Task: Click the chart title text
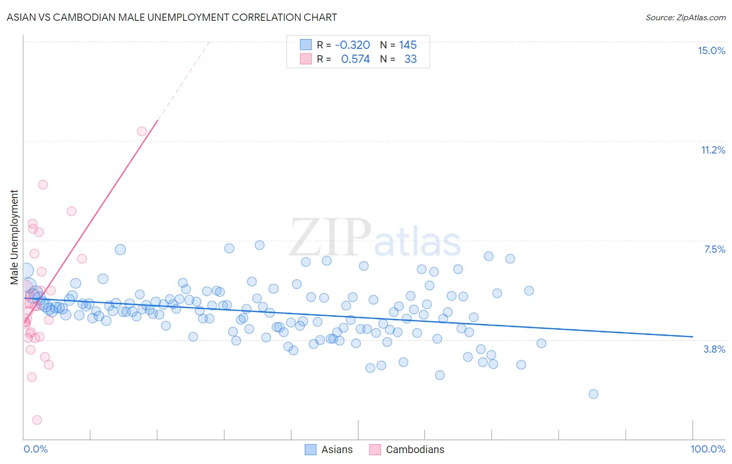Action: pyautogui.click(x=172, y=17)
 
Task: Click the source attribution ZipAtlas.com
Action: pyautogui.click(x=685, y=17)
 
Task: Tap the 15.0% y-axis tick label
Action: pyautogui.click(x=711, y=50)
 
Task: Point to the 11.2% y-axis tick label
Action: pyautogui.click(x=713, y=150)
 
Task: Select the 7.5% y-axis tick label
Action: pyautogui.click(x=714, y=249)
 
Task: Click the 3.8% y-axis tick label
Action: pyautogui.click(x=714, y=349)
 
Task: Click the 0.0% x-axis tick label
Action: pyautogui.click(x=35, y=449)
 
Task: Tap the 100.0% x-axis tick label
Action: pyautogui.click(x=708, y=449)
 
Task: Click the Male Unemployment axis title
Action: pyautogui.click(x=15, y=237)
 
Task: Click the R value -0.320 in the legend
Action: pyautogui.click(x=352, y=45)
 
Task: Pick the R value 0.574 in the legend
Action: pyautogui.click(x=355, y=59)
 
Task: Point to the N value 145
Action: pyautogui.click(x=408, y=45)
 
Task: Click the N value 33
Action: pyautogui.click(x=410, y=59)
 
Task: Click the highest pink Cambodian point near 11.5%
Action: pyautogui.click(x=142, y=131)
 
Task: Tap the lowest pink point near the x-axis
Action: pyautogui.click(x=37, y=420)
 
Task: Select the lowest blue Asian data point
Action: pyautogui.click(x=593, y=394)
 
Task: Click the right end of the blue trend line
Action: pyautogui.click(x=692, y=337)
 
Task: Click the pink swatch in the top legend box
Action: pyautogui.click(x=306, y=59)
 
